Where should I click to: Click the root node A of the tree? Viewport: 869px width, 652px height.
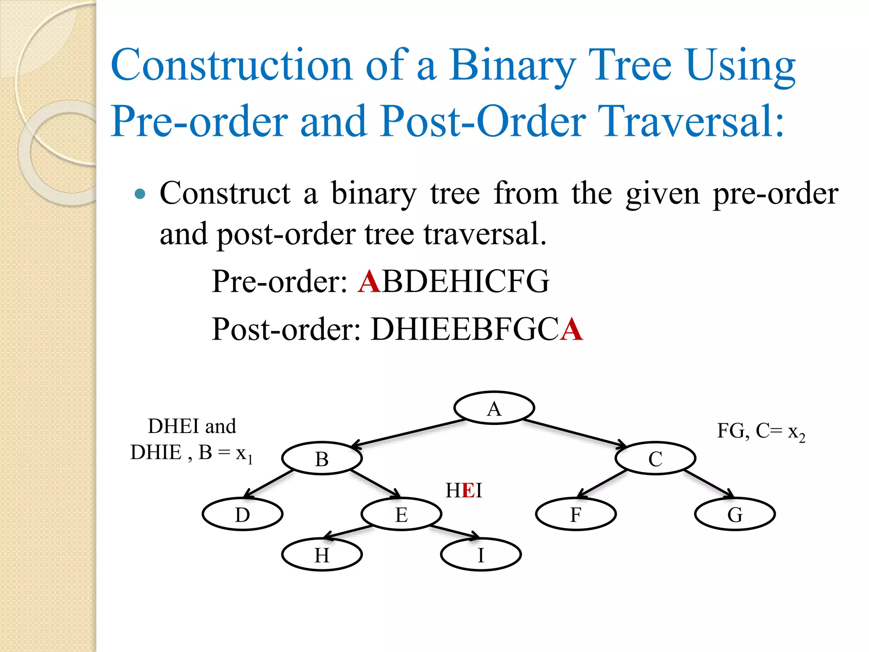coord(494,408)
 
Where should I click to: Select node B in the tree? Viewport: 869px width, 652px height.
coord(322,458)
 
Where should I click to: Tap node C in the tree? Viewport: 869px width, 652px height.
coord(655,458)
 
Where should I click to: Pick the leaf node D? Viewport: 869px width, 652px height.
coord(242,514)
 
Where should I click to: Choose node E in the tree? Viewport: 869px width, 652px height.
coord(401,514)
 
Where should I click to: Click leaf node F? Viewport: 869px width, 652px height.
coord(576,514)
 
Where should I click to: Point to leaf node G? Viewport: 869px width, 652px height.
coord(735,514)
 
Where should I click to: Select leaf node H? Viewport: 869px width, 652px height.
coord(322,555)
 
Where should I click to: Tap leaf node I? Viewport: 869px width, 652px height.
coord(481,555)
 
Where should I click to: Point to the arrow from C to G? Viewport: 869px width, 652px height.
coord(709,484)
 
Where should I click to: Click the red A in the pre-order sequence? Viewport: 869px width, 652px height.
coord(369,281)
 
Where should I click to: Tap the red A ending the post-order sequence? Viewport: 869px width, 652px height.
coord(571,329)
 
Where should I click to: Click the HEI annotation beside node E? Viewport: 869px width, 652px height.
coord(464,490)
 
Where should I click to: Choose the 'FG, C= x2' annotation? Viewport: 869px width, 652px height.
coord(761,432)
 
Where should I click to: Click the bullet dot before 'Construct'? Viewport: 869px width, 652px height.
coord(140,194)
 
